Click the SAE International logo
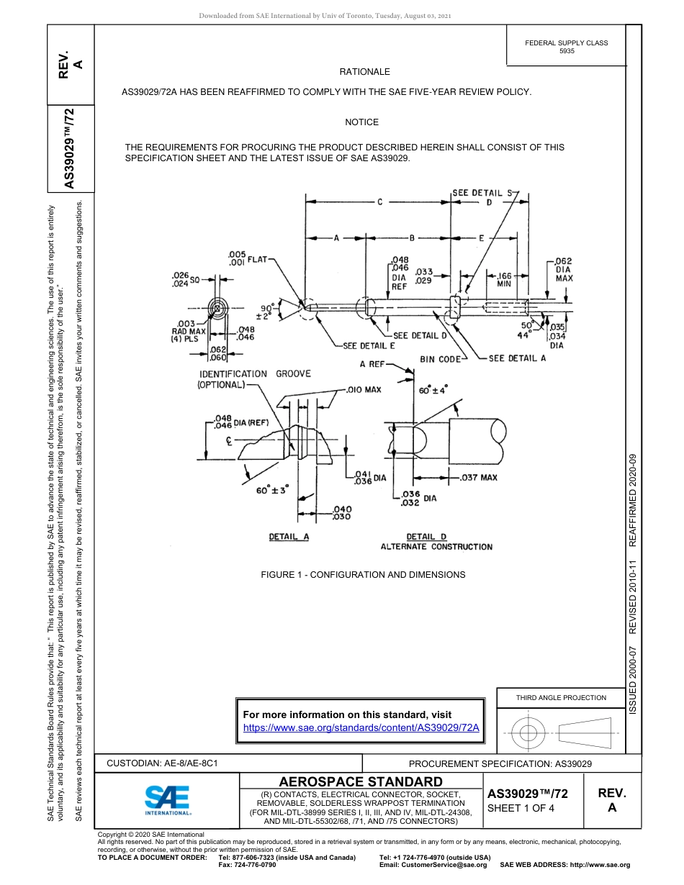[x=167, y=799]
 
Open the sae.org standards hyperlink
[x=361, y=727]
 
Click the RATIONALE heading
[x=364, y=72]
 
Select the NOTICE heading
[x=361, y=122]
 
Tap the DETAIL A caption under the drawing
[x=289, y=537]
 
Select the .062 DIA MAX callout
[x=563, y=270]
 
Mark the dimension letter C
[x=379, y=202]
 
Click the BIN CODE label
[x=441, y=359]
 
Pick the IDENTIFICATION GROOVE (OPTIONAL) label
[x=254, y=379]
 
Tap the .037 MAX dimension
[x=479, y=477]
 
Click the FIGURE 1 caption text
[x=363, y=575]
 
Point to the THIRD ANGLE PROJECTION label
[x=561, y=697]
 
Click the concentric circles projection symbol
[x=528, y=734]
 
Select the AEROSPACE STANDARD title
[x=361, y=782]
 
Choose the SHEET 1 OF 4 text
[x=521, y=808]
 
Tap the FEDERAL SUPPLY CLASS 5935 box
[x=566, y=47]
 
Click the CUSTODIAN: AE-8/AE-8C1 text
[x=162, y=763]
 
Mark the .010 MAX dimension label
[x=364, y=390]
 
